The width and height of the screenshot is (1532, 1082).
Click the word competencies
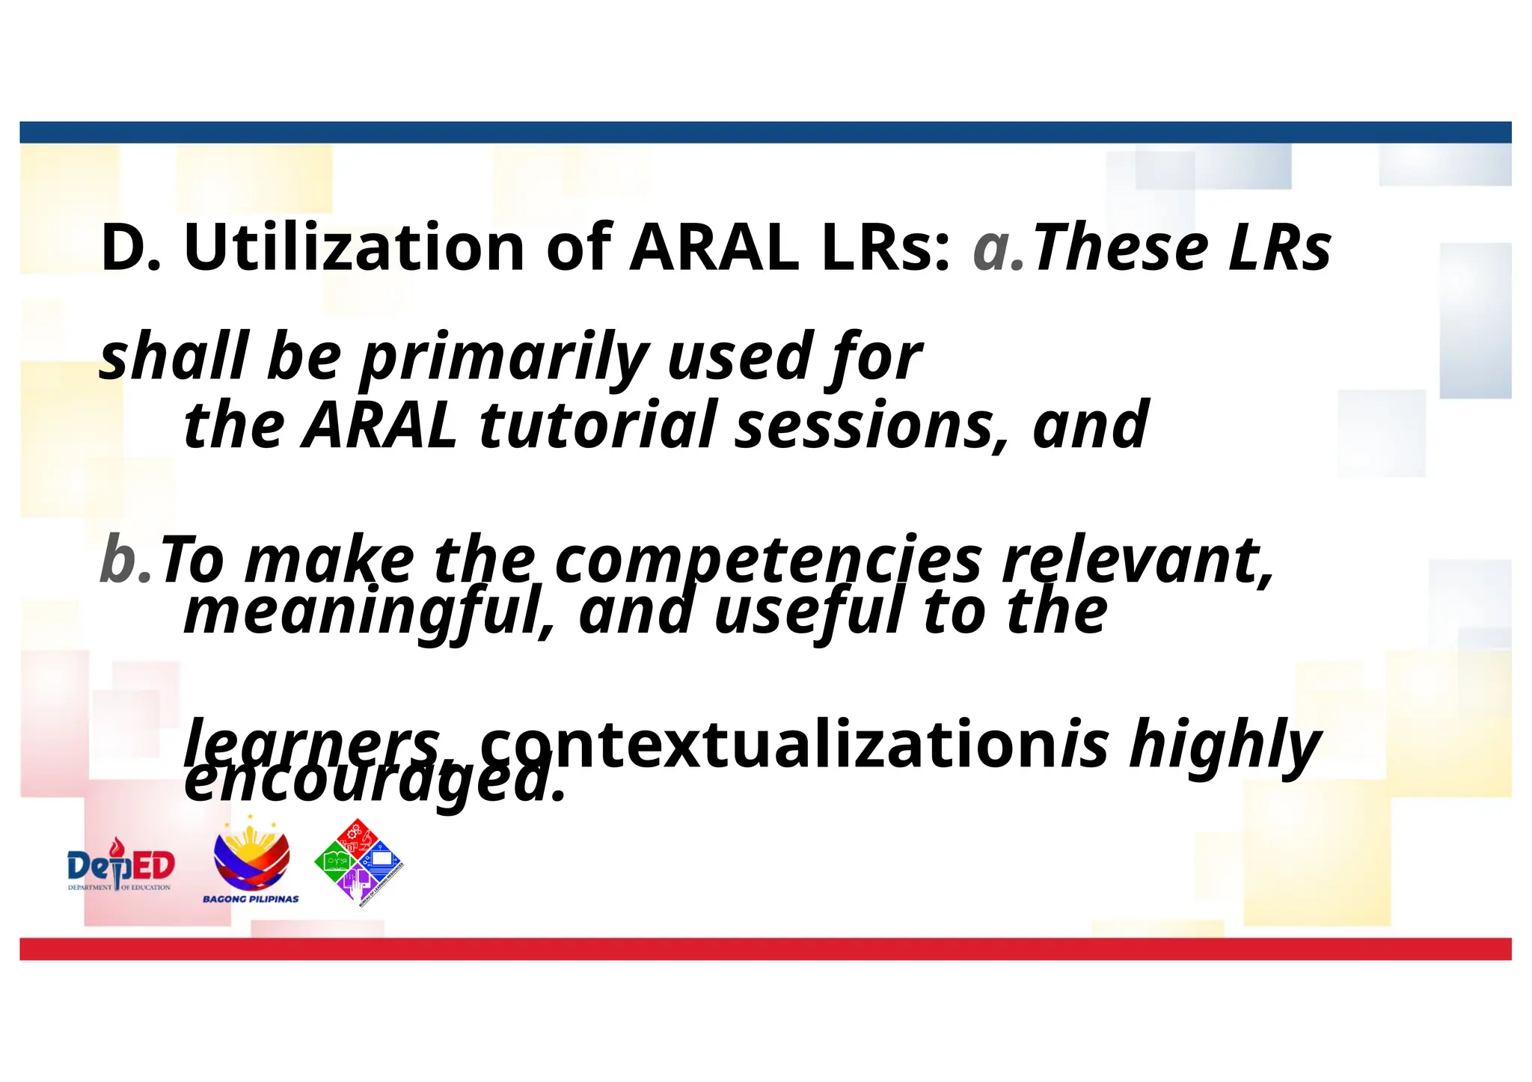(x=767, y=561)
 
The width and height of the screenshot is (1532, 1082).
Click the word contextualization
(x=770, y=745)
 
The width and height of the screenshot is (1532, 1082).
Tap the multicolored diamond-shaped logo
(x=359, y=862)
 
